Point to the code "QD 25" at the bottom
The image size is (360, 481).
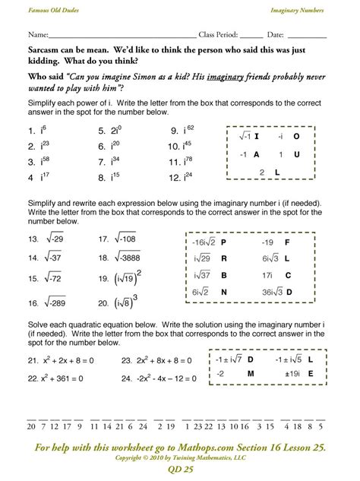[x=179, y=471]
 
